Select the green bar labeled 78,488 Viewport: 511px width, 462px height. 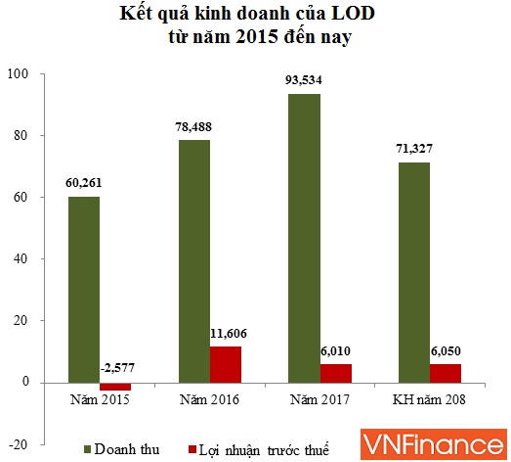(x=193, y=260)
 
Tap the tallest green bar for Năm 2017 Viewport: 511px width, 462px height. (x=304, y=238)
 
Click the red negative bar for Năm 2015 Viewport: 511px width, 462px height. (x=115, y=386)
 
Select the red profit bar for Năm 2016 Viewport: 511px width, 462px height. (x=226, y=364)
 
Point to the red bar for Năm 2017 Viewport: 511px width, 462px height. (x=337, y=373)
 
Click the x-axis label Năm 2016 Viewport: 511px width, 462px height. (x=210, y=400)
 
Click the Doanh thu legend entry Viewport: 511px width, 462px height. (x=121, y=449)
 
